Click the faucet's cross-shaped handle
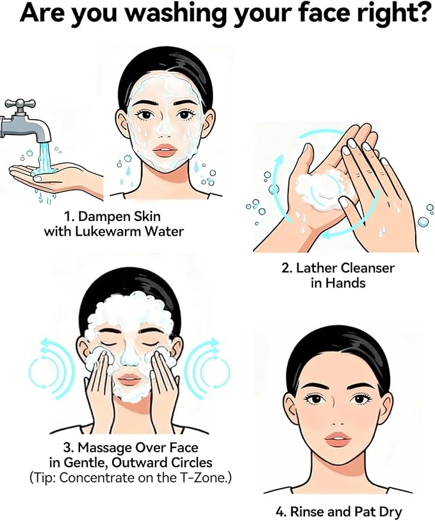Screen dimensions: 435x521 tap(20, 104)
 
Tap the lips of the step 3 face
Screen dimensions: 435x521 tap(129, 379)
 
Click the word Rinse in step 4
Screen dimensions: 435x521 tap(305, 511)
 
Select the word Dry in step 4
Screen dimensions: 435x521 tap(391, 511)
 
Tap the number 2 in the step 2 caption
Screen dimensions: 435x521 tap(285, 268)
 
